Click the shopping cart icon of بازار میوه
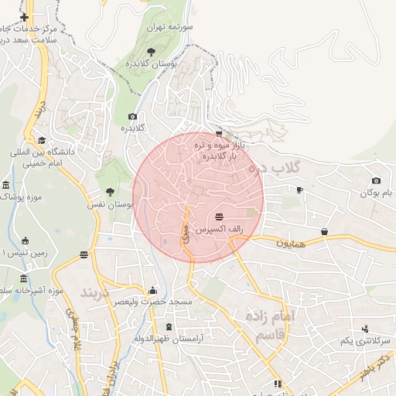tap(220, 133)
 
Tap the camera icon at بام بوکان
tap(376, 180)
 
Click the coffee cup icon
tap(300, 189)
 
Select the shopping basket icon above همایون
tap(324, 230)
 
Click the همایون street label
tap(290, 243)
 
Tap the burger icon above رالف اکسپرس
tap(220, 216)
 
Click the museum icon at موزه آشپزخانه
tap(23, 278)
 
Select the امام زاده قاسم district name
tap(270, 326)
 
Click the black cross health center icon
tap(25, 17)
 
